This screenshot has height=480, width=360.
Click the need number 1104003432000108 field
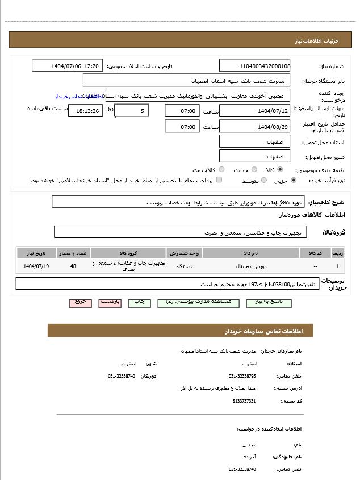coord(254,66)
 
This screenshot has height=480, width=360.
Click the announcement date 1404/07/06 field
coord(67,66)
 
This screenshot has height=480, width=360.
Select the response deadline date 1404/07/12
coord(254,111)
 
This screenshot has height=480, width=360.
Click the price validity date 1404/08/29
coord(254,126)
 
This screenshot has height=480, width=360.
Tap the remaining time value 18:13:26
coord(86,111)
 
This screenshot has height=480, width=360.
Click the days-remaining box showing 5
coord(132,111)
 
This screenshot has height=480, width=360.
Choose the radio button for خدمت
coord(254,169)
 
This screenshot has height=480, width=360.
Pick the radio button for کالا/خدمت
coord(221,169)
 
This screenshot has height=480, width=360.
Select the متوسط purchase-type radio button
coord(263,180)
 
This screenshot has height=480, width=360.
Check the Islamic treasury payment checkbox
coord(219,180)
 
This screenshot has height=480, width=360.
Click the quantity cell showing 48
coord(73,266)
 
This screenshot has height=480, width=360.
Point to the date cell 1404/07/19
coord(36,266)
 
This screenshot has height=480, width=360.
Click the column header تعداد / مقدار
coord(73,253)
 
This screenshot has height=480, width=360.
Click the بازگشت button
coord(110,302)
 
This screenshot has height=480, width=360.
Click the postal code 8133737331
coord(244,401)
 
